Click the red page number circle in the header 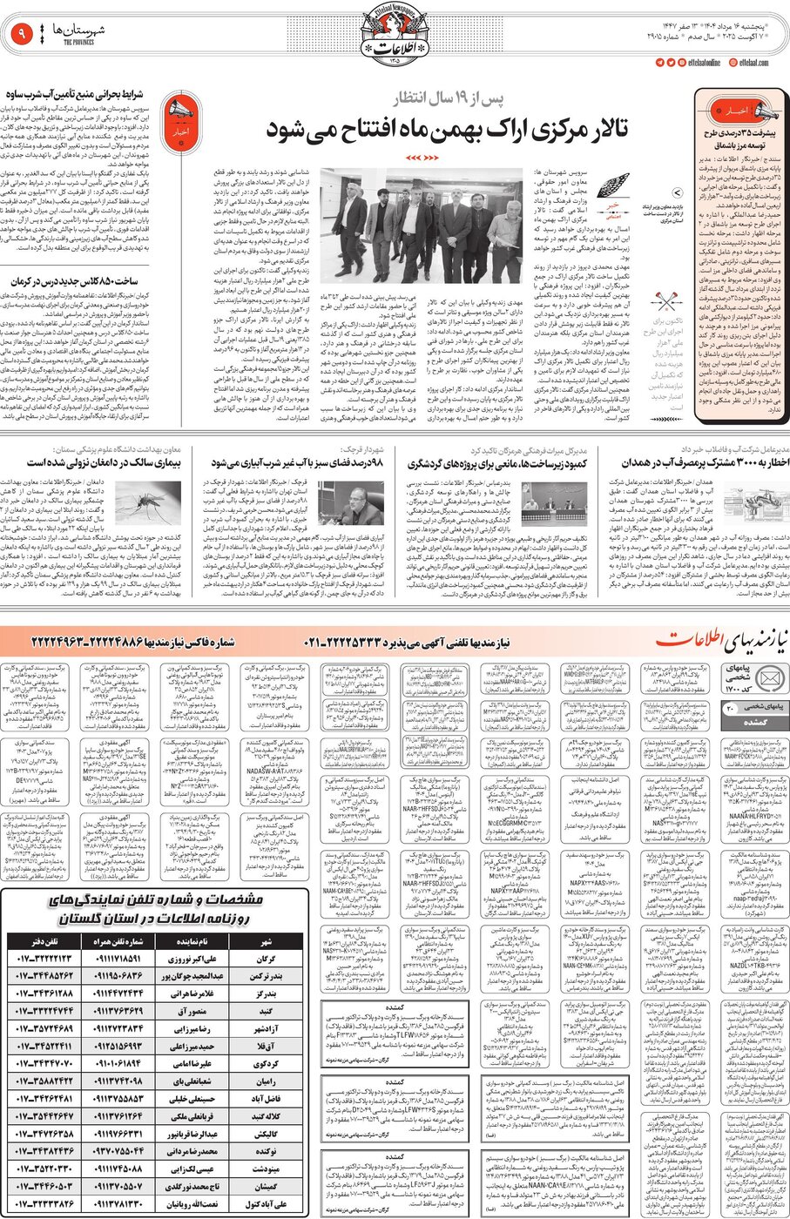pos(21,35)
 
